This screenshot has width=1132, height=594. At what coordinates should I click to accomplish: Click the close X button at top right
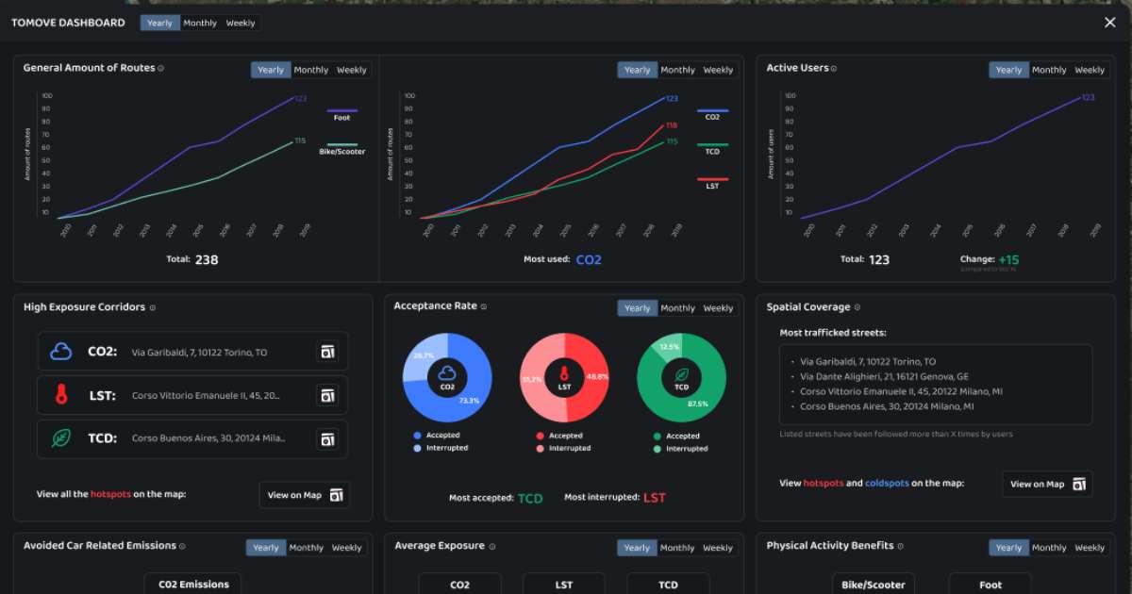[1109, 23]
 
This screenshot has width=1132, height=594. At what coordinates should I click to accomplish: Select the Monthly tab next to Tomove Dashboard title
[200, 23]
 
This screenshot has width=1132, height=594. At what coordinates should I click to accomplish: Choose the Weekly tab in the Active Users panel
[1090, 70]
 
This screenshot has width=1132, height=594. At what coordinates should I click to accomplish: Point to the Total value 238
[206, 259]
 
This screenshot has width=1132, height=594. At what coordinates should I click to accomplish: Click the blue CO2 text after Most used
[589, 259]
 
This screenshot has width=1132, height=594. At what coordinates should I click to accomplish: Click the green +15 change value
[1008, 259]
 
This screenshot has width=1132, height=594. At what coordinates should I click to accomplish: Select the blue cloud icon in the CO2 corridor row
[61, 352]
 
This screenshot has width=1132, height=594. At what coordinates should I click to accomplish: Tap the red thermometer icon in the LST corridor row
[61, 395]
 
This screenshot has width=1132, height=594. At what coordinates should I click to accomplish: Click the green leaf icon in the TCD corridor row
[61, 438]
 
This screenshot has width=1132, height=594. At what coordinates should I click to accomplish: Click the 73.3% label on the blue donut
[468, 401]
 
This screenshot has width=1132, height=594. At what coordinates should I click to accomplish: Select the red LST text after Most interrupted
[655, 498]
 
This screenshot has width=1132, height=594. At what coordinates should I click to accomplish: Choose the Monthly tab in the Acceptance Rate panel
[677, 308]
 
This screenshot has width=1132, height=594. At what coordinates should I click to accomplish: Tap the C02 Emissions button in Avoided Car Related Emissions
[192, 585]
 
